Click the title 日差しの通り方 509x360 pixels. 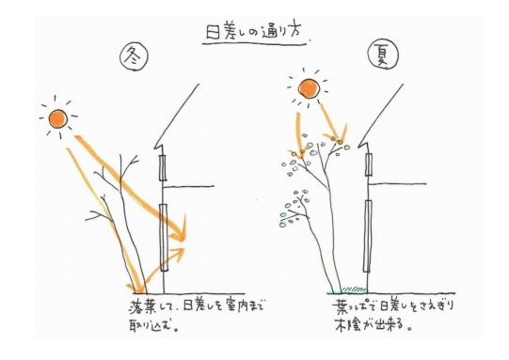coord(254,32)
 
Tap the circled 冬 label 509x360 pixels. coord(134,56)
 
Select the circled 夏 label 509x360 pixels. coord(383,55)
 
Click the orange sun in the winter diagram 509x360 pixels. coord(58,118)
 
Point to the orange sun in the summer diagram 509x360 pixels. coord(309,88)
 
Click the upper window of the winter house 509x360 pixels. coord(163,167)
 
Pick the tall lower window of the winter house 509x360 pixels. coord(165,238)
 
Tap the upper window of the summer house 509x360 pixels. coord(369,164)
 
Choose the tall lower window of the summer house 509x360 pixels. coord(368,236)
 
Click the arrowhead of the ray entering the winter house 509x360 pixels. coord(181,231)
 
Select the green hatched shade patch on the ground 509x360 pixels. coord(354,289)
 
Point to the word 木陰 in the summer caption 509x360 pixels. coord(347,324)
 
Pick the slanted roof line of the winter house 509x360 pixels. coord(176,115)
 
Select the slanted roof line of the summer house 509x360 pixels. coord(381,114)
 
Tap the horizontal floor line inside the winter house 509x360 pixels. coord(188,186)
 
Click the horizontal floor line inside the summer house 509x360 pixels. coord(398,184)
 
